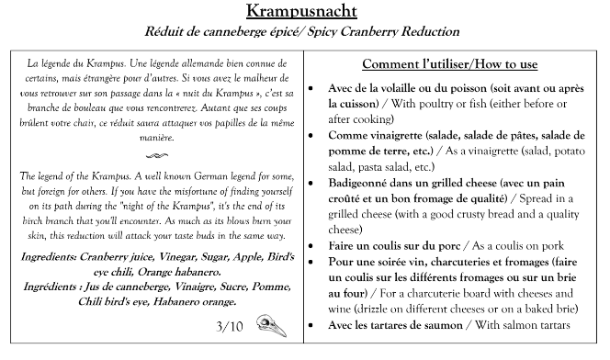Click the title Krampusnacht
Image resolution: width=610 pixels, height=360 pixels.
(x=305, y=12)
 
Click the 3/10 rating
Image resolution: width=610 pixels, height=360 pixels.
(x=229, y=325)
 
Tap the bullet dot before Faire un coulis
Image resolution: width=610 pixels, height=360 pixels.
(x=318, y=246)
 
